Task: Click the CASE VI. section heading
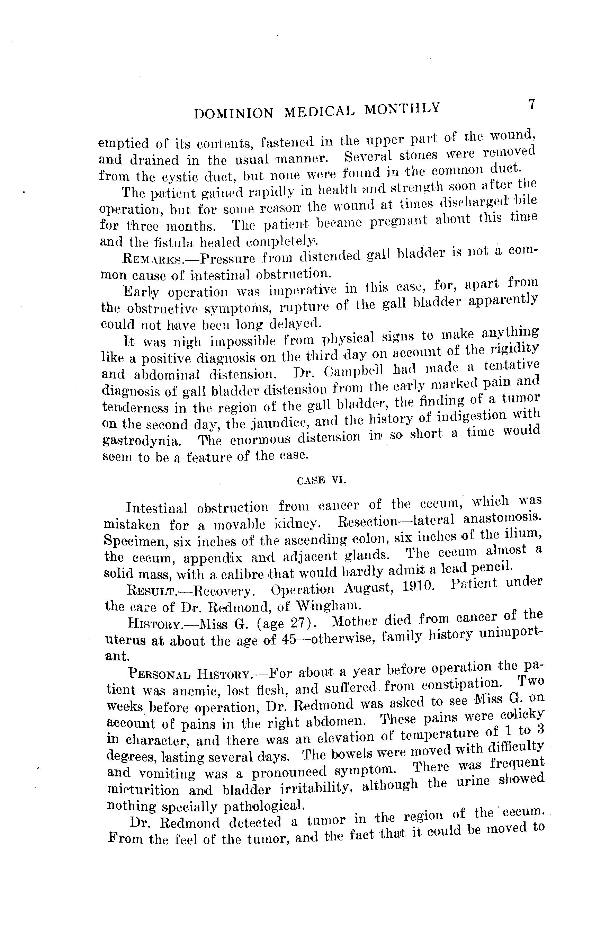point(321,480)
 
